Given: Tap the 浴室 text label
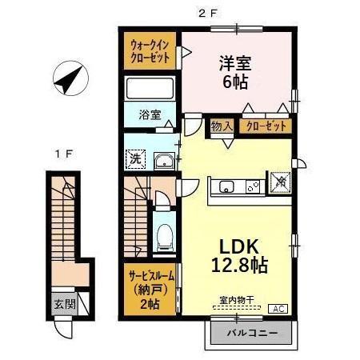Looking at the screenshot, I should (149, 114).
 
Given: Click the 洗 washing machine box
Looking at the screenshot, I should (135, 158).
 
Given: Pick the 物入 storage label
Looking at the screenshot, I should (222, 126).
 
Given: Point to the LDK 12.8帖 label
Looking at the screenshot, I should (238, 254).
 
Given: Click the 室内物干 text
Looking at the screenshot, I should (237, 300).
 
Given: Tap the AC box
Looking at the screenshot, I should (281, 309).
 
